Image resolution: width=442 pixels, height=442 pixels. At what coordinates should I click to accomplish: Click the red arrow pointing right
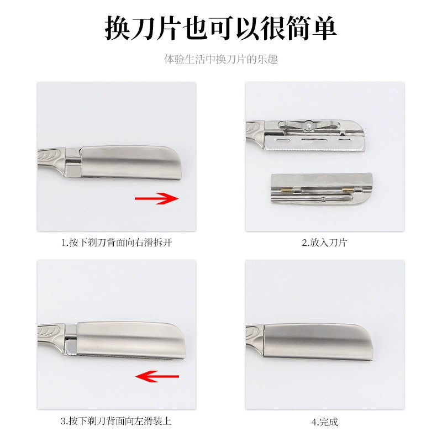[x=156, y=198]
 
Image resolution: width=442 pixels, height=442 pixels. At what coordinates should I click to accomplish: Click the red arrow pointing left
[x=157, y=376]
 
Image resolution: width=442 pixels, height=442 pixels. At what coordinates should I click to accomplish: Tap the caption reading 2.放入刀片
[x=324, y=243]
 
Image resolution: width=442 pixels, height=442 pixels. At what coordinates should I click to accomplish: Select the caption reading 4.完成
[x=325, y=422]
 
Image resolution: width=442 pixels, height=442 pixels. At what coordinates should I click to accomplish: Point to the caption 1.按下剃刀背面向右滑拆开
[x=117, y=243]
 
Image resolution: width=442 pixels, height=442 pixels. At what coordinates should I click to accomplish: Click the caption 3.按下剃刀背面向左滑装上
[x=116, y=421]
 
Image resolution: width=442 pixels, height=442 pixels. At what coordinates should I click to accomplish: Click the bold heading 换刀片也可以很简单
[x=220, y=28]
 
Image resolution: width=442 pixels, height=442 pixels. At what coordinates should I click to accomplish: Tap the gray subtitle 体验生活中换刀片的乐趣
[x=221, y=60]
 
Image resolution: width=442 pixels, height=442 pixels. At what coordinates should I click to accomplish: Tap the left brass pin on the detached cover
[x=285, y=191]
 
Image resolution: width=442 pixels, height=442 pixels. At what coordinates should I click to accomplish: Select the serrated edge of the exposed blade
[x=315, y=149]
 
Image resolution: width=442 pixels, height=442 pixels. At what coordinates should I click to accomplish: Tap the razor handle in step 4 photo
[x=255, y=337]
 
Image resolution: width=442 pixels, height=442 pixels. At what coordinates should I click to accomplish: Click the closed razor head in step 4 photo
[x=318, y=342]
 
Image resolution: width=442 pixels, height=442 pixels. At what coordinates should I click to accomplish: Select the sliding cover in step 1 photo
[x=131, y=162]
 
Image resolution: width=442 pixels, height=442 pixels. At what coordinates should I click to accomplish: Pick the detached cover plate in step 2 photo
[x=322, y=188]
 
